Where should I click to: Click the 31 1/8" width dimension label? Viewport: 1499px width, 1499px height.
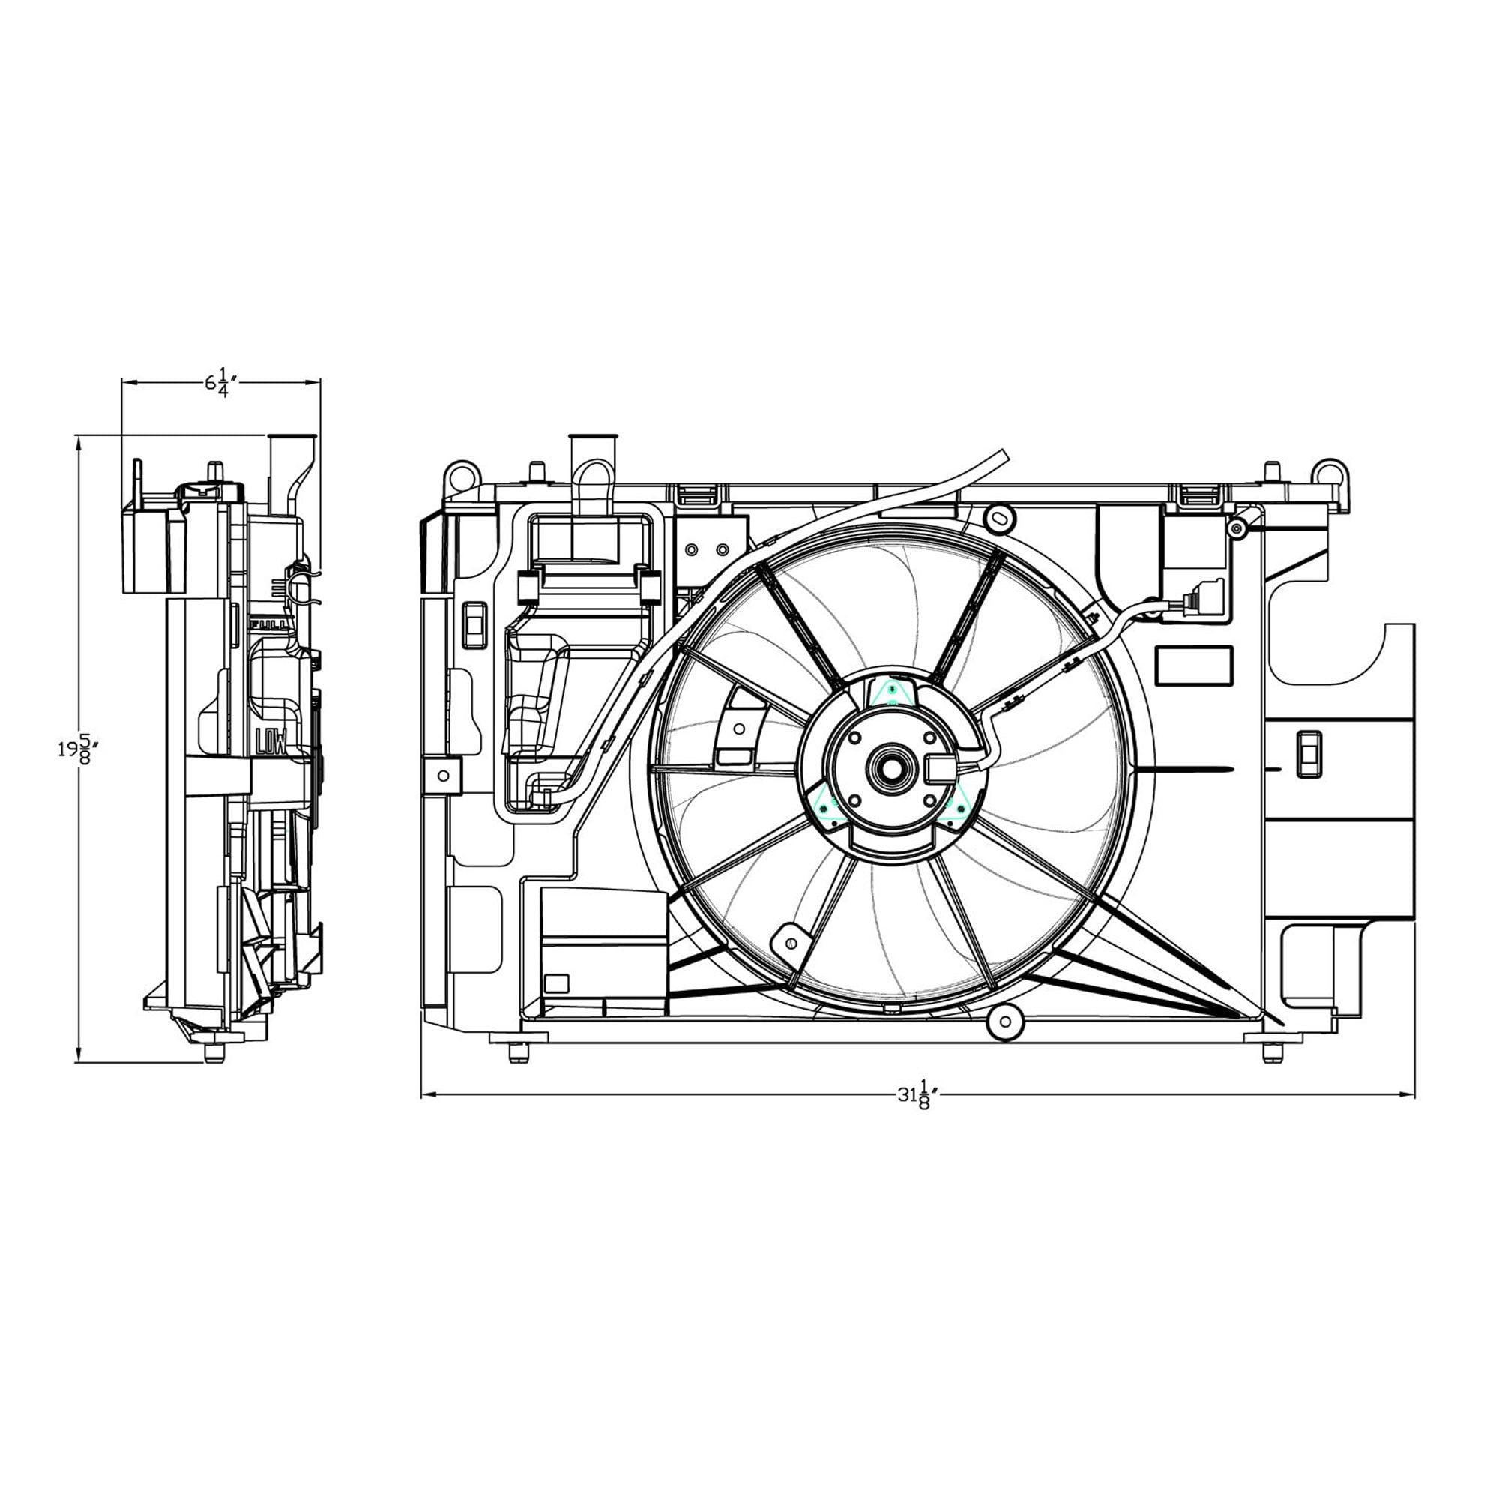pyautogui.click(x=919, y=1095)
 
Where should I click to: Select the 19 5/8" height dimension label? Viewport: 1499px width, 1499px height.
pyautogui.click(x=79, y=750)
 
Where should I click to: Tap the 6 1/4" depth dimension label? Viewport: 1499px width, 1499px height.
pyautogui.click(x=220, y=383)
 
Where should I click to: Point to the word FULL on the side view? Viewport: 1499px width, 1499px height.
pyautogui.click(x=268, y=623)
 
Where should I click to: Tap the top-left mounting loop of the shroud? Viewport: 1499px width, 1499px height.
pyautogui.click(x=459, y=474)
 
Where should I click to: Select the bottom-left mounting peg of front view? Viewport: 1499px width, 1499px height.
pyautogui.click(x=519, y=1052)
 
